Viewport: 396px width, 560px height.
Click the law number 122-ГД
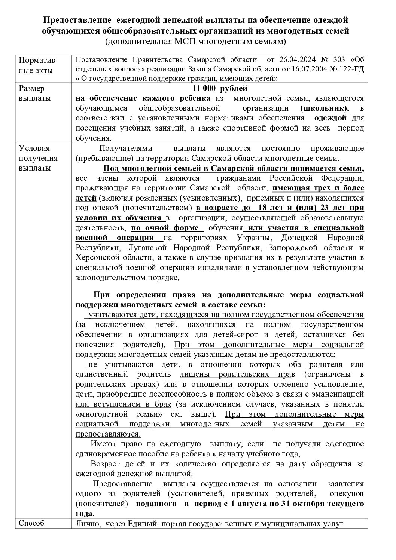point(351,69)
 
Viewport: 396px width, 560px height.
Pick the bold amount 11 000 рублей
point(220,89)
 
